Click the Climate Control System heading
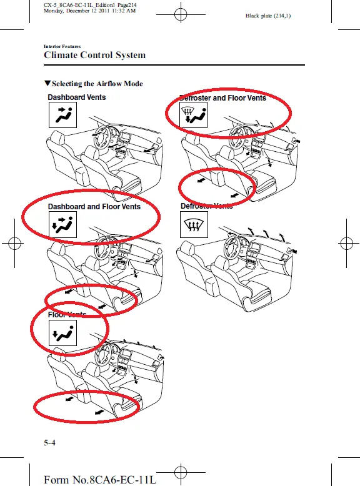94,55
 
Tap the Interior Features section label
62,46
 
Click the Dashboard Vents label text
77,97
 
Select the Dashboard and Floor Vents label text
94,206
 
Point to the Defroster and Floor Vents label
222,98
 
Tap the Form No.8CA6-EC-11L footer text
100,479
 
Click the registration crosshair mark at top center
180,14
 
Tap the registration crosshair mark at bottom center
180,472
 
